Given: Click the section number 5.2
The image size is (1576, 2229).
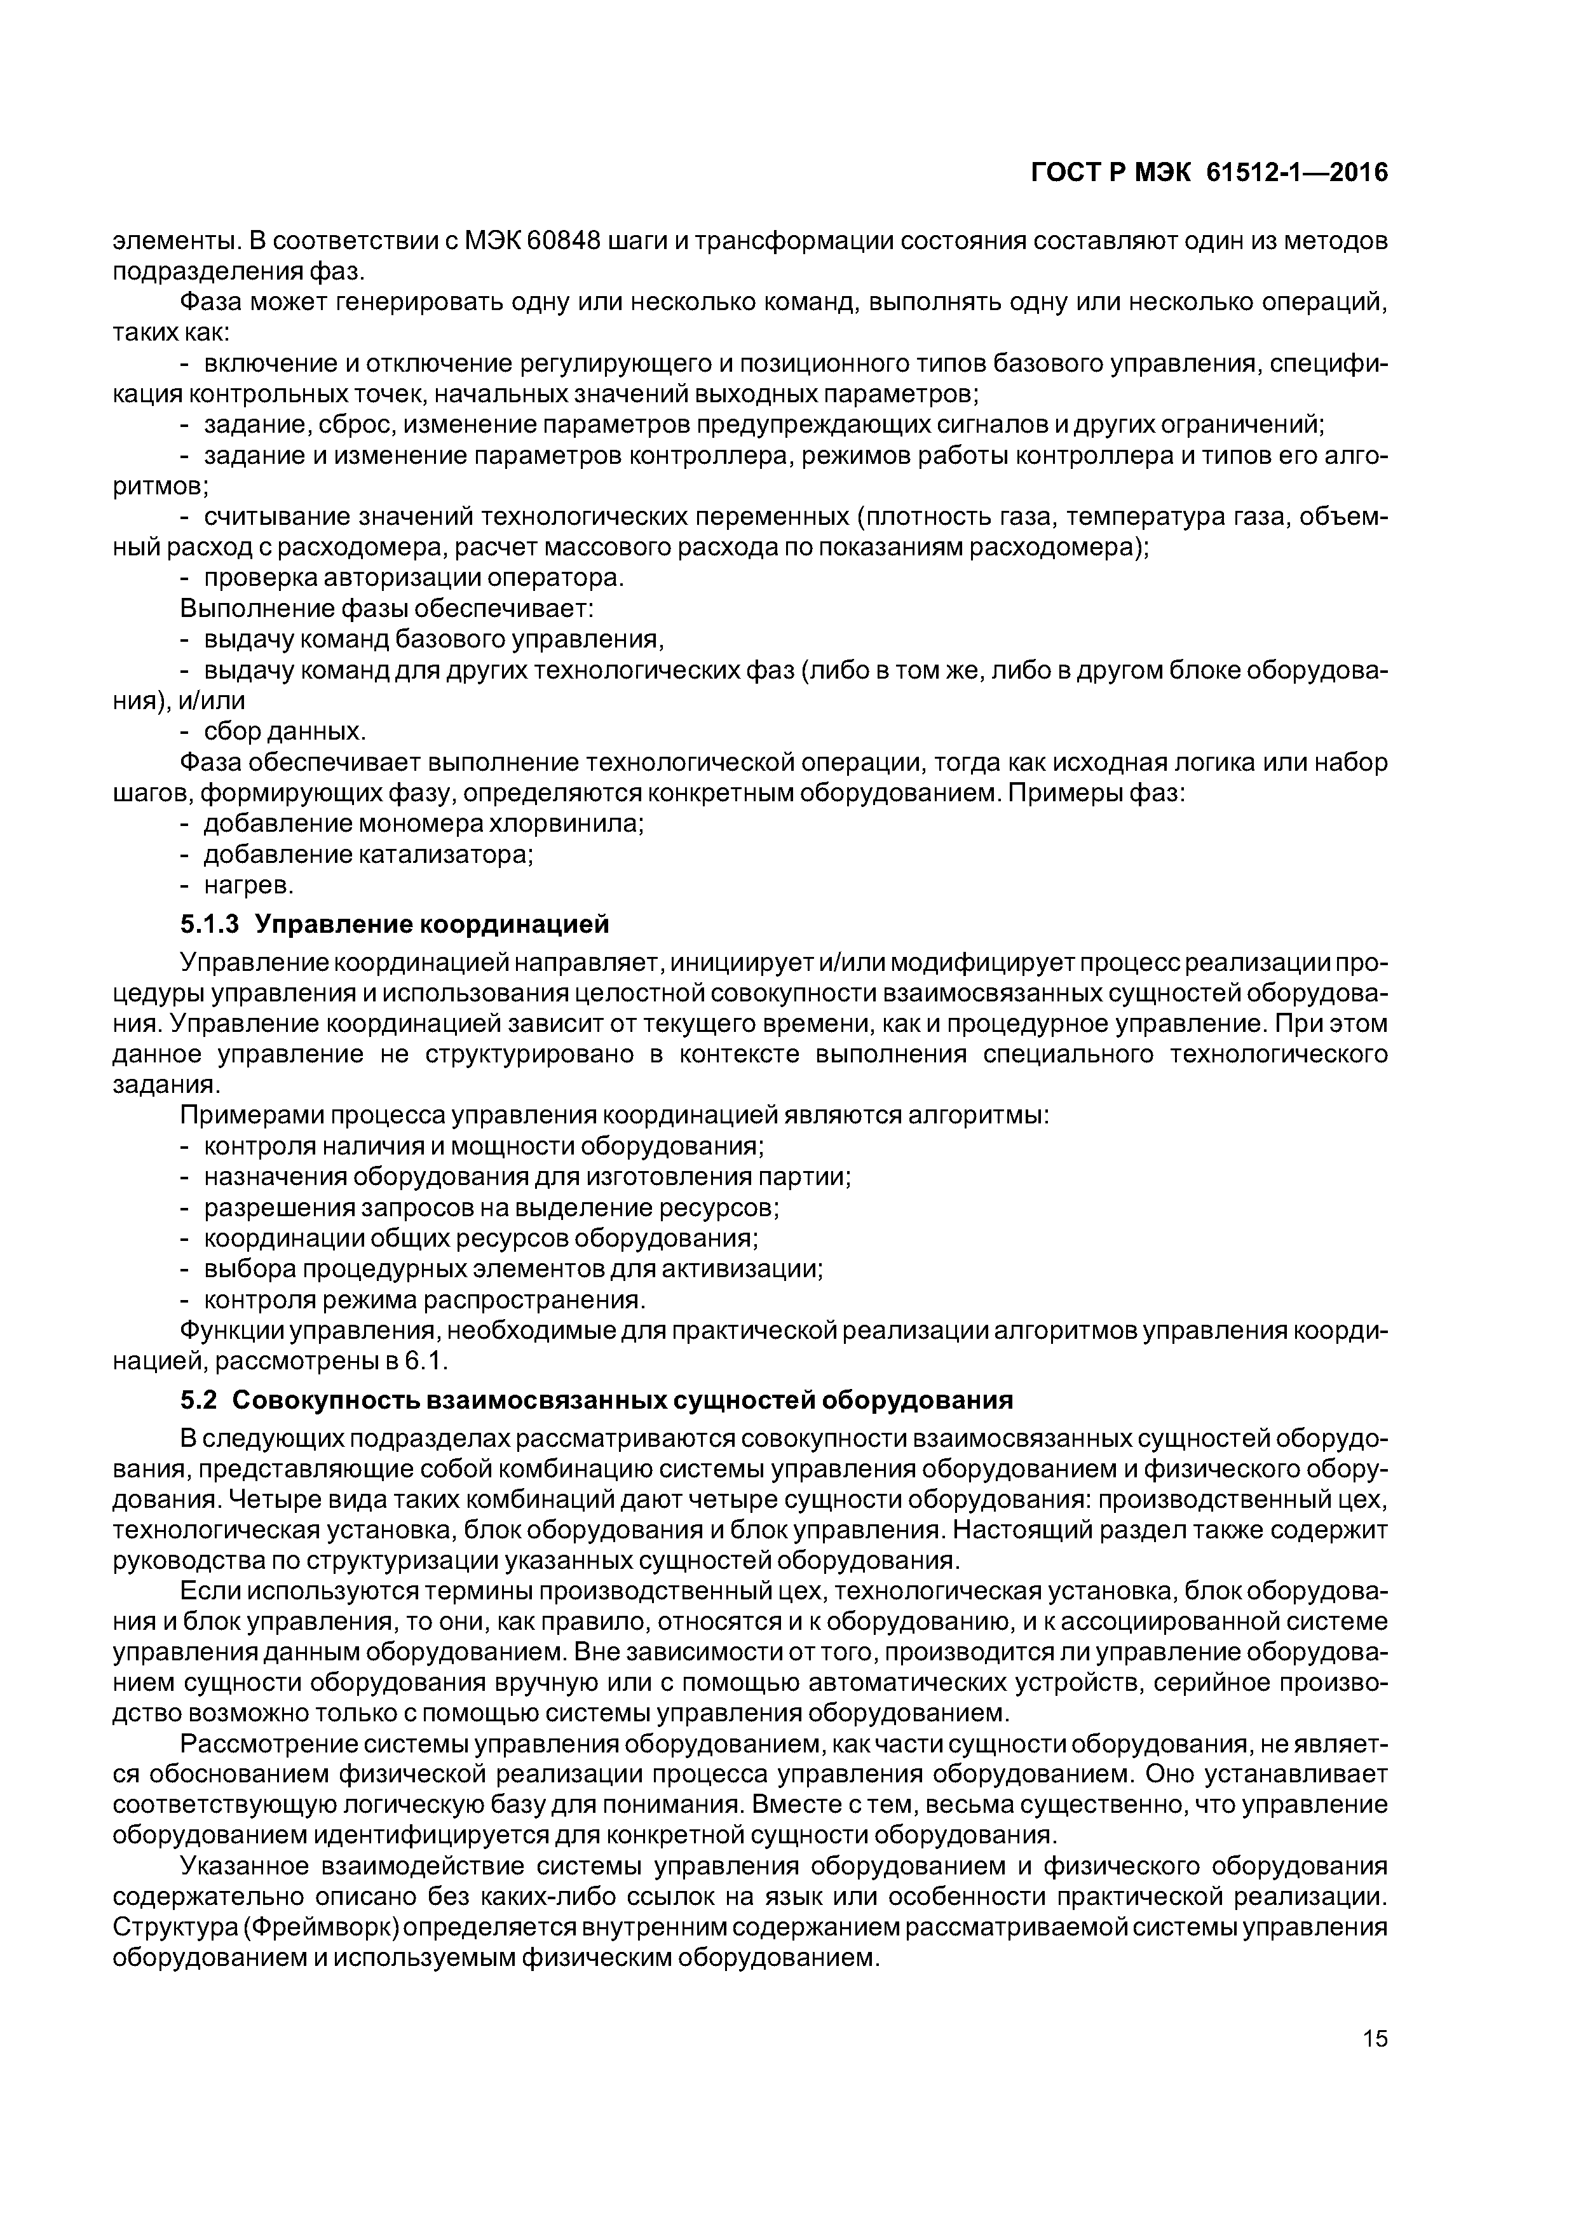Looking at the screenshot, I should point(199,1400).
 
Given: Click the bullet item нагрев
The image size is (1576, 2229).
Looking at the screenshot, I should point(248,885).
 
